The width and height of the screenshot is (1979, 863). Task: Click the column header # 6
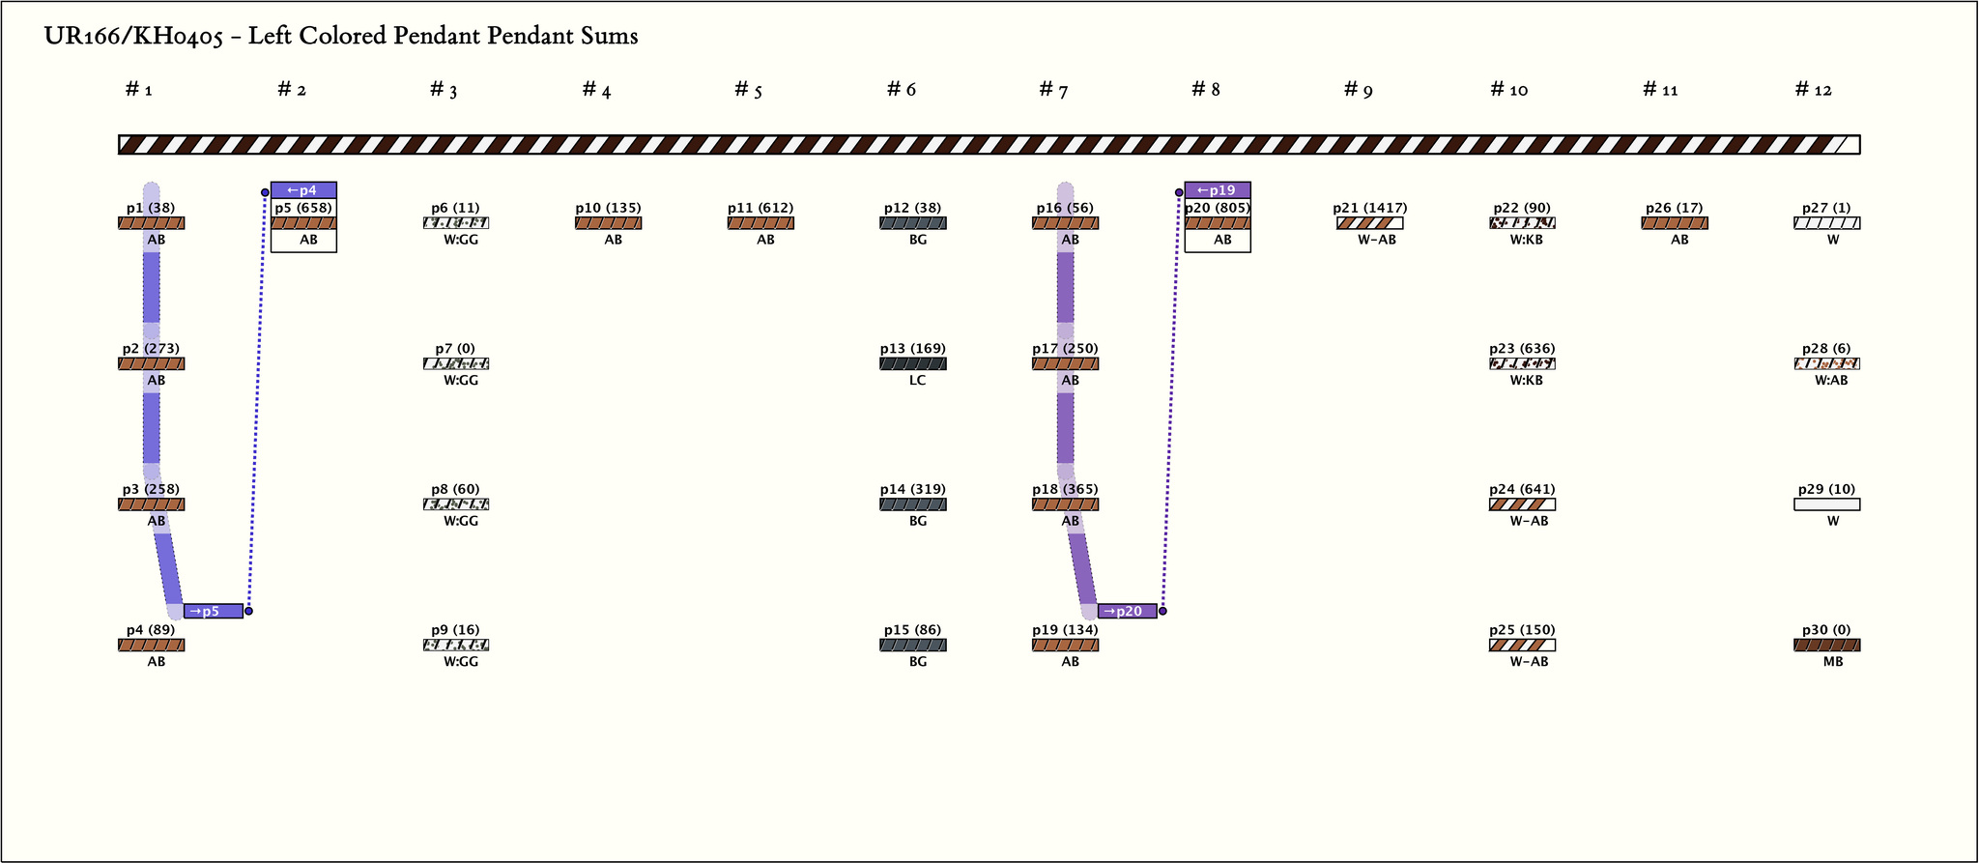tap(901, 90)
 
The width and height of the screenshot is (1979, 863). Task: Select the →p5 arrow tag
tap(214, 611)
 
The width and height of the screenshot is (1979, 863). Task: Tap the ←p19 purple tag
tap(1218, 190)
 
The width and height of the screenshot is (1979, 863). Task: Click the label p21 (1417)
tap(1369, 208)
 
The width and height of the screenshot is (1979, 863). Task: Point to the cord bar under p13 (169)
tap(913, 364)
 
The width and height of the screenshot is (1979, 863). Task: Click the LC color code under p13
tap(917, 381)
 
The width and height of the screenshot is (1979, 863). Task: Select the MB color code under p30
tap(1832, 662)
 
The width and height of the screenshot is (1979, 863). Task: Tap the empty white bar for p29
tap(1826, 504)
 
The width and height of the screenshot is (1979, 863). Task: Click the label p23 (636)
tap(1522, 349)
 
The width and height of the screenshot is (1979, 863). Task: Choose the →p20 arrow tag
tap(1128, 611)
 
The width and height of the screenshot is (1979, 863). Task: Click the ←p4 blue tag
tap(303, 190)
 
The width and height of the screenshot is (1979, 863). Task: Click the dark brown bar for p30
tap(1826, 646)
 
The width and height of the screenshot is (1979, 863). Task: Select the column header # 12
tap(1813, 90)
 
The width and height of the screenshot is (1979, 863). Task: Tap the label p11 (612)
tap(760, 208)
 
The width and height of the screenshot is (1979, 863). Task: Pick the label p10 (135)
tap(608, 208)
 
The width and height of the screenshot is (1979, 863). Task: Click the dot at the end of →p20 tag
tap(1163, 611)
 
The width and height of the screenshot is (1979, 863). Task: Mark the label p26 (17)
tap(1675, 208)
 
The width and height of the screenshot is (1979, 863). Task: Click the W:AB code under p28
tap(1831, 381)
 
